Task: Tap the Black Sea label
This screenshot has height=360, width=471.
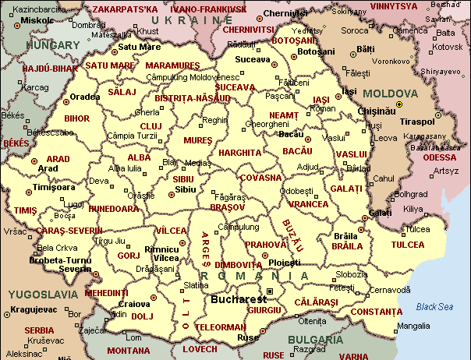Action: click(434, 306)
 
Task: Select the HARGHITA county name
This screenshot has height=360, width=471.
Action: click(239, 153)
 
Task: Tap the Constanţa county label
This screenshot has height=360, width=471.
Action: click(376, 312)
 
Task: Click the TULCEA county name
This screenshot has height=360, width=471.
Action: click(408, 245)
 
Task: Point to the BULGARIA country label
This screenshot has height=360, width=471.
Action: click(315, 341)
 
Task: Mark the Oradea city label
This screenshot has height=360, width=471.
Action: click(85, 97)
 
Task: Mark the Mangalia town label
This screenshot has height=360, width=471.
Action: click(413, 326)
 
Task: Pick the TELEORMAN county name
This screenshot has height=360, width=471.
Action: click(219, 327)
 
